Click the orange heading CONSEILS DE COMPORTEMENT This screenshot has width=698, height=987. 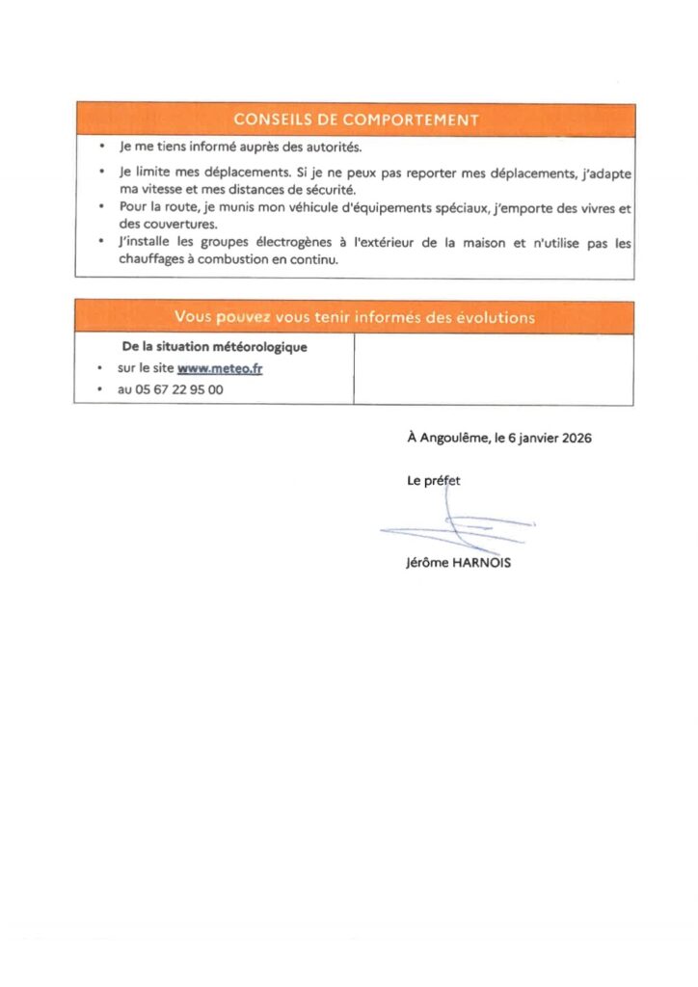[355, 120]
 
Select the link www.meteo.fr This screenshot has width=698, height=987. [220, 368]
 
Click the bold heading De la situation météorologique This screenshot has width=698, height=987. [215, 347]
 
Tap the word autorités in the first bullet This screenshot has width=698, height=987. [330, 148]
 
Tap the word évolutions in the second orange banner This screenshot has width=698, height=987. [495, 317]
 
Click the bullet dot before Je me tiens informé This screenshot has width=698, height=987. [101, 148]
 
